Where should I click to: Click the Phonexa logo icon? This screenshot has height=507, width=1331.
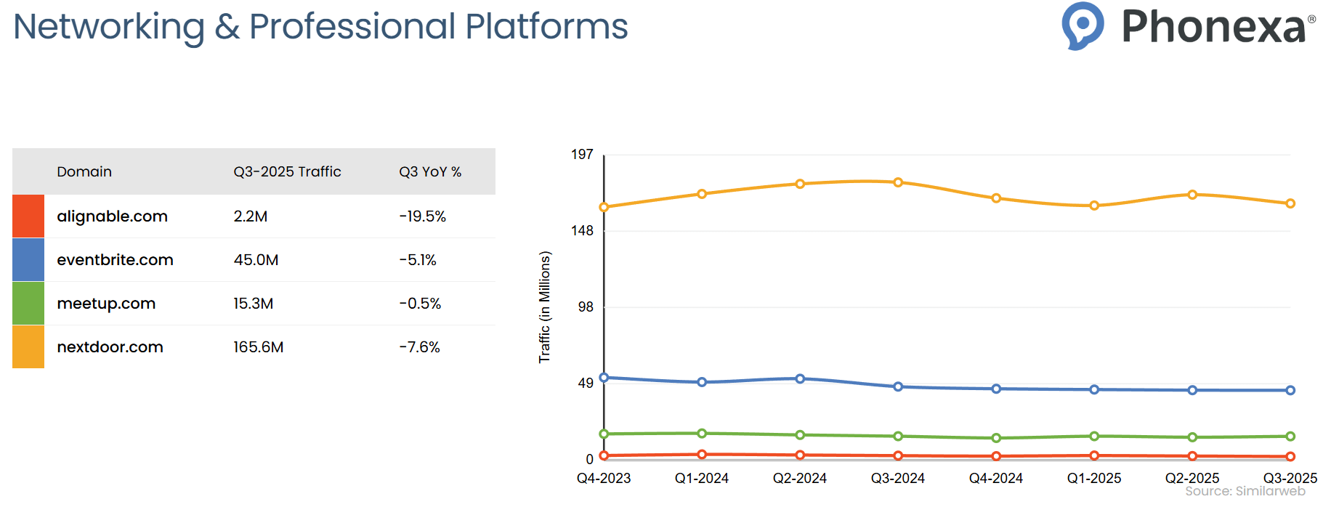[x=1083, y=25]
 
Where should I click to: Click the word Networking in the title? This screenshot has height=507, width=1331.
[x=109, y=27]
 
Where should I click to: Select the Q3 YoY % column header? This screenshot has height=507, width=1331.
[x=430, y=172]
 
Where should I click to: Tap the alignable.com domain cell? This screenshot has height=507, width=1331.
[x=112, y=216]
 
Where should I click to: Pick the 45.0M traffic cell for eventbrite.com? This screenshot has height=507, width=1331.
[x=256, y=260]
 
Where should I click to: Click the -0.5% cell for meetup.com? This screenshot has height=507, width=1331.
[x=420, y=304]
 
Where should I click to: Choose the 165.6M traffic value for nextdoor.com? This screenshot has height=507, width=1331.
[x=258, y=347]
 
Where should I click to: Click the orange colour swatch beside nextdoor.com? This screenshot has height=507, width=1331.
[x=28, y=347]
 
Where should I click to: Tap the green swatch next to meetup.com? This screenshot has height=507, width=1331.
[x=28, y=304]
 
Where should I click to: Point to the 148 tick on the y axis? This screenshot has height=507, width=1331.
[x=582, y=231]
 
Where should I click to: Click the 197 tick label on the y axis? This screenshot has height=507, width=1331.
[x=582, y=155]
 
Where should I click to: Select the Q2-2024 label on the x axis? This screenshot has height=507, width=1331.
[x=799, y=479]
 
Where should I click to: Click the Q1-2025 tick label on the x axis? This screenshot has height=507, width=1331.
[x=1093, y=479]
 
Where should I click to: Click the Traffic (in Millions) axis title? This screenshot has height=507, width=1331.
[x=545, y=307]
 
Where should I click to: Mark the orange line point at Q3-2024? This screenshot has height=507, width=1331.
[x=898, y=182]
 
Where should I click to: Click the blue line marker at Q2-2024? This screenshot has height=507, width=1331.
[x=800, y=378]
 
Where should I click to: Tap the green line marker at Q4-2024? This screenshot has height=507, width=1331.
[x=996, y=438]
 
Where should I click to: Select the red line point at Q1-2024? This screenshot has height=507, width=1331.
[x=702, y=455]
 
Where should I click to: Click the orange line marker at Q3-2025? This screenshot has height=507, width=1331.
[x=1290, y=203]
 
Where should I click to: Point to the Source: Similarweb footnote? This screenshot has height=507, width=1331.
[x=1245, y=492]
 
